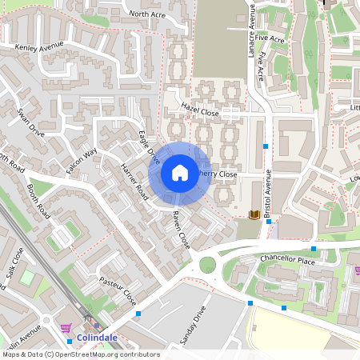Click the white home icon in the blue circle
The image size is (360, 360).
coord(180,172)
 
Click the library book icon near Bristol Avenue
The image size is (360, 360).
coord(254,214)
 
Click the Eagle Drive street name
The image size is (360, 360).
coord(150,148)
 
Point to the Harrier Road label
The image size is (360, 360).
coord(134,182)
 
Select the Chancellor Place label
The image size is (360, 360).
coord(290,259)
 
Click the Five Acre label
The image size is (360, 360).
coord(271,39)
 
